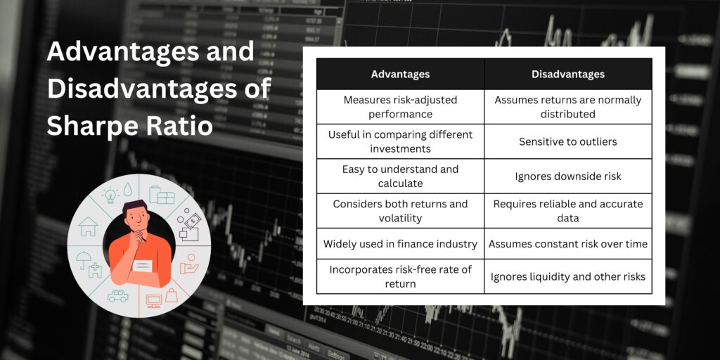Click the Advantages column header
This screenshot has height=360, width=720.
point(400,74)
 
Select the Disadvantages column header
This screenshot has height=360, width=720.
point(567,74)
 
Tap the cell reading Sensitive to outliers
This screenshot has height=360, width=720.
point(567,141)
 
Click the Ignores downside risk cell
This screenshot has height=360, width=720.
point(567,176)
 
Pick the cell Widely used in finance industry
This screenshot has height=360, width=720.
point(400,244)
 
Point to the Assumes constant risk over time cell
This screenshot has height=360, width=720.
point(567,244)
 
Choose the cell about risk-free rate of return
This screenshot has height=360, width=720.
point(400,276)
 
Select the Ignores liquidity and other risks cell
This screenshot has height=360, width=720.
point(567,276)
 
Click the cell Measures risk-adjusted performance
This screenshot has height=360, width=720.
point(400,107)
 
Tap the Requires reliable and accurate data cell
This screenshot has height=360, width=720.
point(567,210)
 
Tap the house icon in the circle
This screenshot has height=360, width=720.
point(89,227)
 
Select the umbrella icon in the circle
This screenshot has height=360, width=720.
point(84,259)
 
